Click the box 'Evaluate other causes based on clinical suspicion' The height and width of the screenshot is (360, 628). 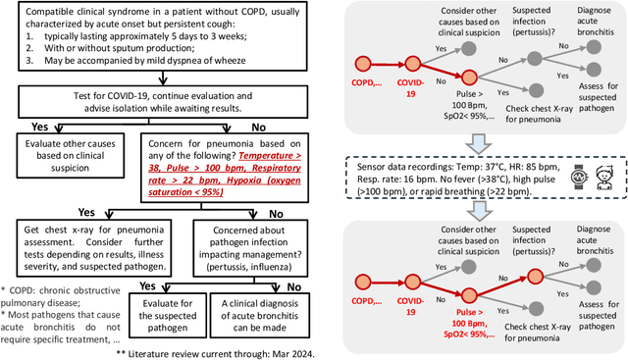pos(70,155)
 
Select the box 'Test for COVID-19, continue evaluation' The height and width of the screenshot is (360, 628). pos(163,102)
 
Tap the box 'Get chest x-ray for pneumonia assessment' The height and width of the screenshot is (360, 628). pos(94,248)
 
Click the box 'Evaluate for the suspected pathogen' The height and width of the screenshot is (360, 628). pos(168,315)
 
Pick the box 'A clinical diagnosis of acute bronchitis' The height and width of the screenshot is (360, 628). pos(259,315)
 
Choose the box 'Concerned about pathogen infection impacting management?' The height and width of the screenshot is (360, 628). pos(250,248)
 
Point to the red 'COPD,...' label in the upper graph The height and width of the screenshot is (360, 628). pos(366,83)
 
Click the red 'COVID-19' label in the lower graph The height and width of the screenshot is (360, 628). pos(410,306)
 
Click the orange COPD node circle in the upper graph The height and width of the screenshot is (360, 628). pos(363,64)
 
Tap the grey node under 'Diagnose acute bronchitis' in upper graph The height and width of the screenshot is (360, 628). pos(594,47)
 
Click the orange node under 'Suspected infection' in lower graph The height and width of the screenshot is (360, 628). pos(535,277)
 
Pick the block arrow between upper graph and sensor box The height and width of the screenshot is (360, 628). pos(479,143)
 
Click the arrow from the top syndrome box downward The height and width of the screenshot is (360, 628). pos(163,78)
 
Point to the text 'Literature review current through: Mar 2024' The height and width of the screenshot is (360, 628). pos(221,354)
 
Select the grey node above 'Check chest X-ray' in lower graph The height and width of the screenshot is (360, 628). pos(536,308)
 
